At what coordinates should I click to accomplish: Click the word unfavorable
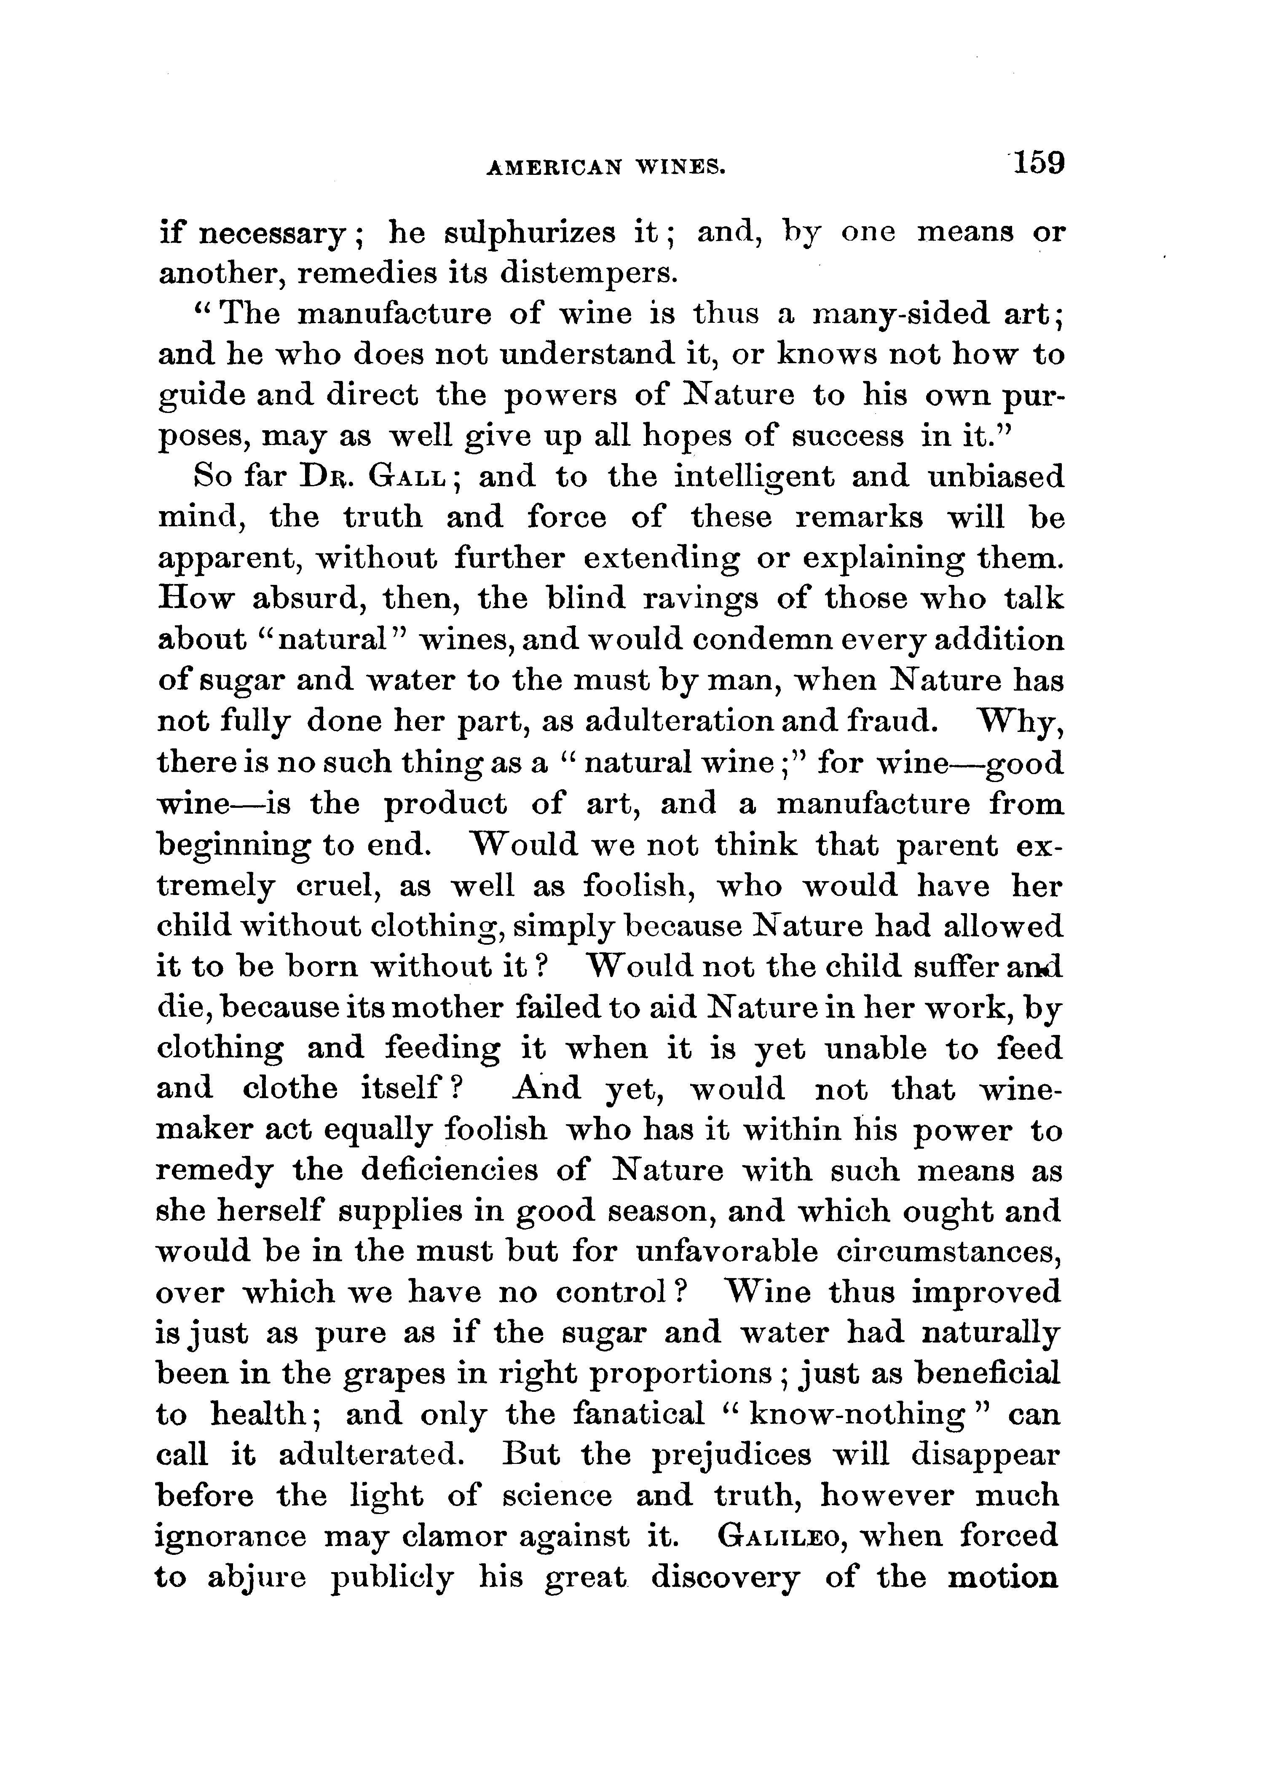point(726,1251)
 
